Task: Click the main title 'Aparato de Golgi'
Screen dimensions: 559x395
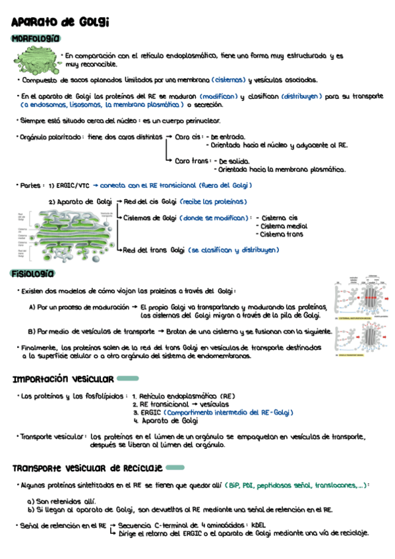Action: click(60, 22)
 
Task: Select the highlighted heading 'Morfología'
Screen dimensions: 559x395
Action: click(36, 39)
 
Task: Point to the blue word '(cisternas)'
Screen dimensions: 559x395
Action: click(229, 80)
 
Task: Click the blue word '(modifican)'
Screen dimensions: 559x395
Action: click(218, 96)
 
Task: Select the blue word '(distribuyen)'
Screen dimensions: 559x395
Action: click(301, 96)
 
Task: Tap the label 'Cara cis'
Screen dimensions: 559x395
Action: click(187, 137)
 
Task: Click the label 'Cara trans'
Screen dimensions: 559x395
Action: click(192, 161)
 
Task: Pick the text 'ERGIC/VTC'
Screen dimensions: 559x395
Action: click(74, 185)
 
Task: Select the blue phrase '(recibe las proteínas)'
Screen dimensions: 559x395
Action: click(213, 201)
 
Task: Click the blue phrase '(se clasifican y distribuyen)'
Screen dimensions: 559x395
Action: click(233, 250)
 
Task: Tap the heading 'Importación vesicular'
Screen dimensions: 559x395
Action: click(63, 378)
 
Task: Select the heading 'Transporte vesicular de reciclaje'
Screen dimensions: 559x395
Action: click(87, 468)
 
